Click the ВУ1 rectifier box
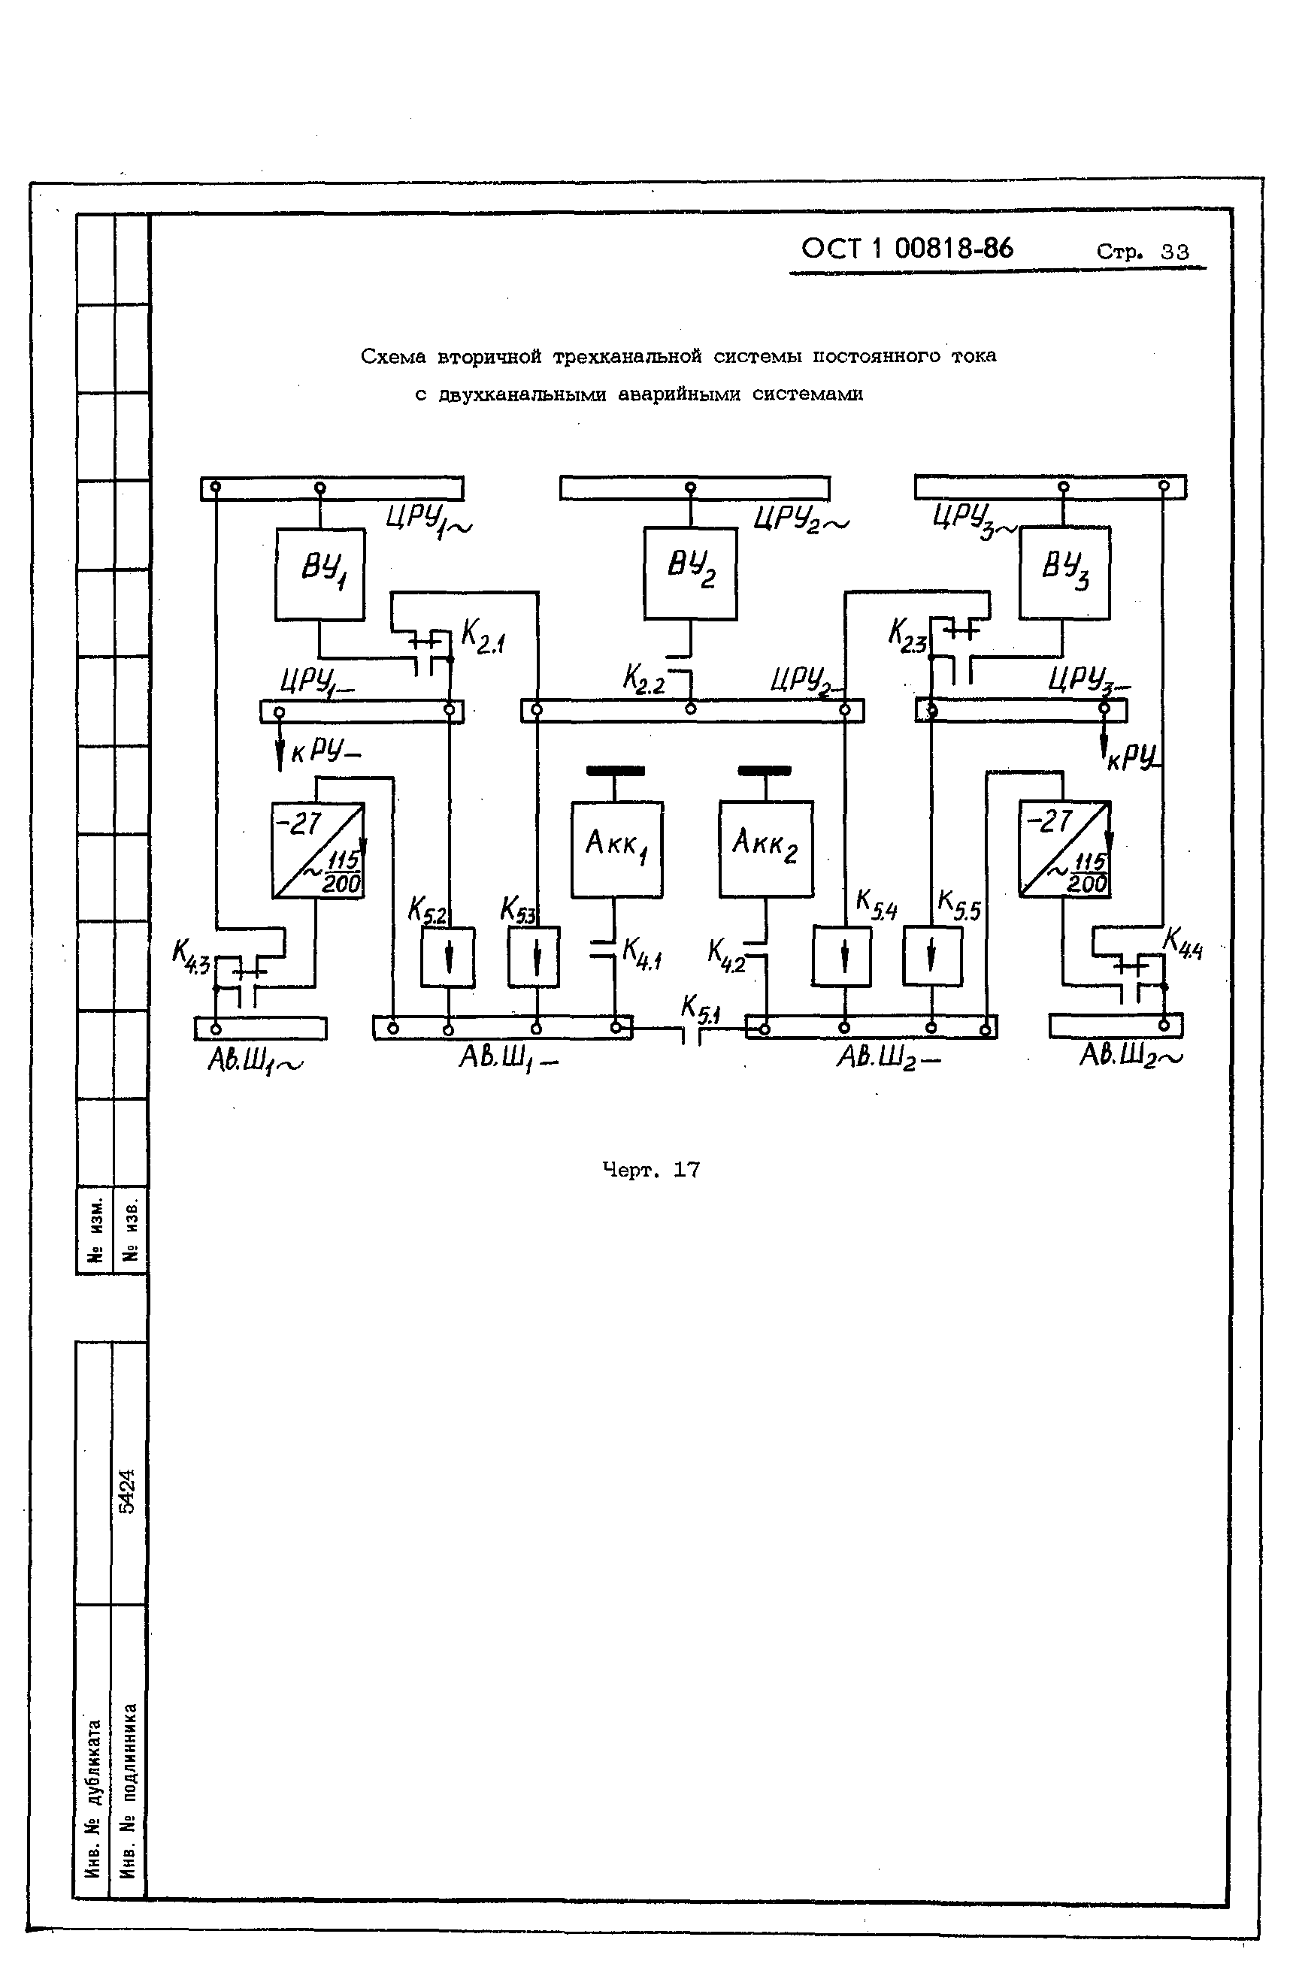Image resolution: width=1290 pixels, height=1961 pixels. (319, 573)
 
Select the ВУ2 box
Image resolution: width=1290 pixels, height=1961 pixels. (690, 573)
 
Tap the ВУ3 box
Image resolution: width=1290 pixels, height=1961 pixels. (1064, 572)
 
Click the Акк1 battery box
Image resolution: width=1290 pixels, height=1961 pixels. (616, 849)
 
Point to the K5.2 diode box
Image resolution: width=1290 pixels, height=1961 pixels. (447, 956)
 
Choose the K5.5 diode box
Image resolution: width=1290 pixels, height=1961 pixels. (931, 956)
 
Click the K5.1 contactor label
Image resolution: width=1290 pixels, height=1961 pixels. (700, 1008)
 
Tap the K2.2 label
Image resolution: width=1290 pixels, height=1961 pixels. (643, 680)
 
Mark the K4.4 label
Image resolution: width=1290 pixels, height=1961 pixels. (1182, 944)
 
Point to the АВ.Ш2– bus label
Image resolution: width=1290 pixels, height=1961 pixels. (889, 1058)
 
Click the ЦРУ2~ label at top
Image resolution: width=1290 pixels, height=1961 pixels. (801, 520)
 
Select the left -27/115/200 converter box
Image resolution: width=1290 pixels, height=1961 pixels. (318, 850)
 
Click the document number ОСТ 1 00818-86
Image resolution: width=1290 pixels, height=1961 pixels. (907, 248)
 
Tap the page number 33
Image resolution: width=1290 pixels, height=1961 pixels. (1174, 252)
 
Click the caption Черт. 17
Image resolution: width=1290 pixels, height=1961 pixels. (650, 1169)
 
